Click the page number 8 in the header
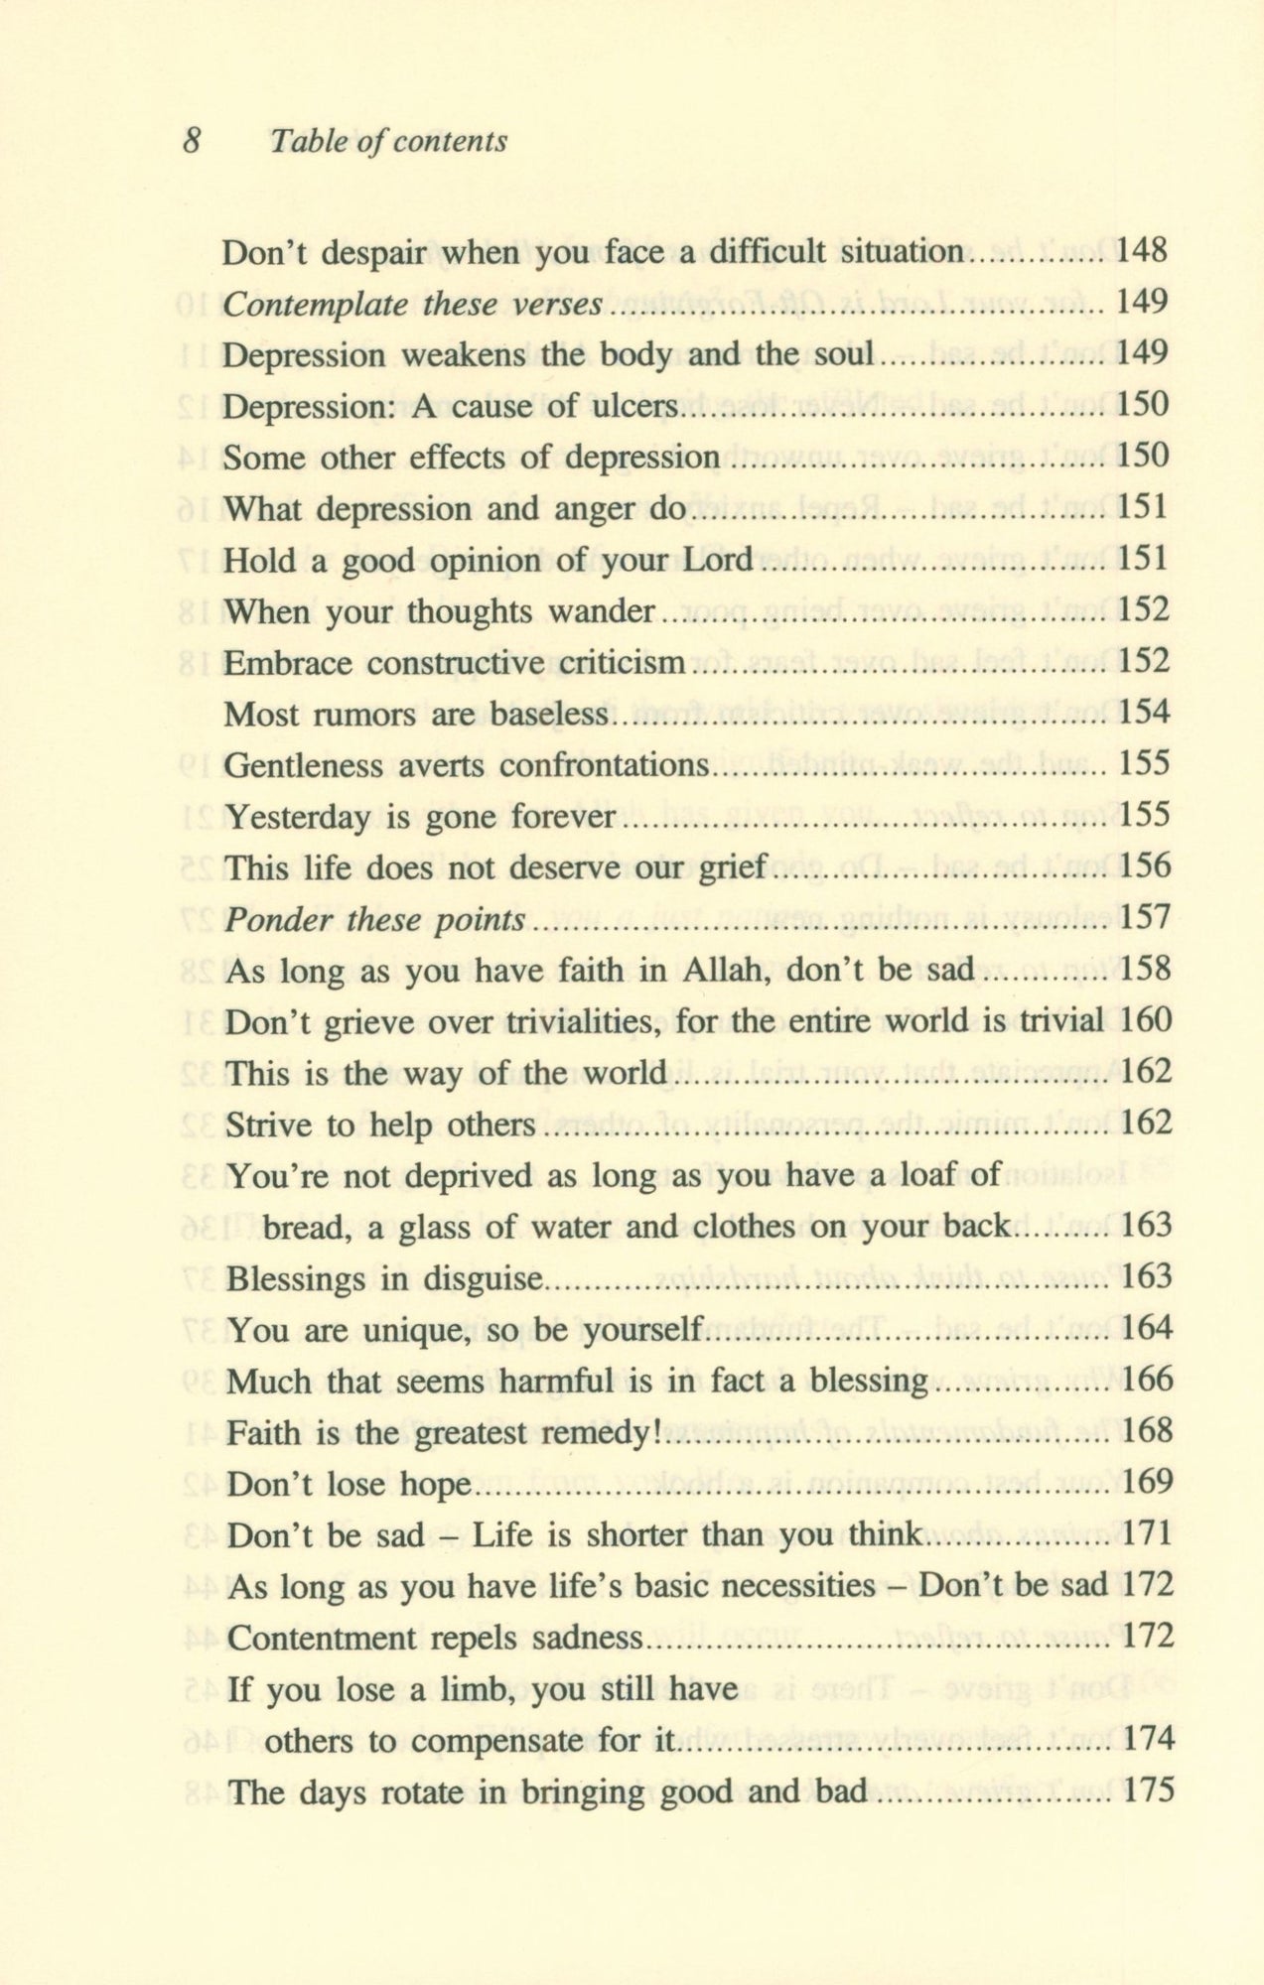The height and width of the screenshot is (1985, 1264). point(193,141)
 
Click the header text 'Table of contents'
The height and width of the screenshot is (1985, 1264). point(388,142)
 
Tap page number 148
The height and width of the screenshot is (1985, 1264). point(1142,251)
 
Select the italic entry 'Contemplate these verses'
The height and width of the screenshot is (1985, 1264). point(412,304)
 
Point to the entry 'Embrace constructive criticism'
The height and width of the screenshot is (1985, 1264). point(454,663)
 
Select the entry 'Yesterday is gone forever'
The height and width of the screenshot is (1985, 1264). point(421,817)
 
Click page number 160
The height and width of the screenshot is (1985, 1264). point(1146,1021)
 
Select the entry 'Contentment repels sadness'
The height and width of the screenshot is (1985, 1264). point(435,1637)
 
